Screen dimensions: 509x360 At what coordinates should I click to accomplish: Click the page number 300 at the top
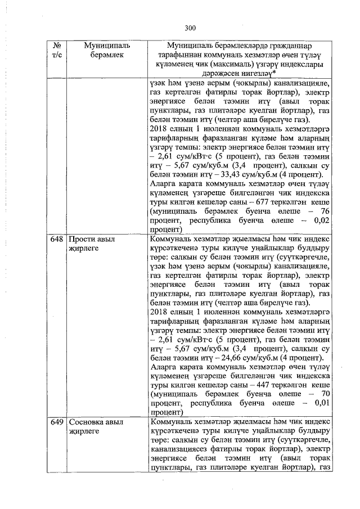tap(190, 28)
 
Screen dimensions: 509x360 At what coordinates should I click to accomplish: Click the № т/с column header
tap(56, 49)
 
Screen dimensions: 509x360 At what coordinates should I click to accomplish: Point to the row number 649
tap(56, 422)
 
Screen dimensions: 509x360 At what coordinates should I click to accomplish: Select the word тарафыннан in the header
tap(185, 54)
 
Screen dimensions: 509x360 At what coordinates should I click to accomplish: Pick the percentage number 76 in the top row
tap(323, 211)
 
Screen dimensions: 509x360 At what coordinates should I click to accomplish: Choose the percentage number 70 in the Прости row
tap(323, 393)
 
